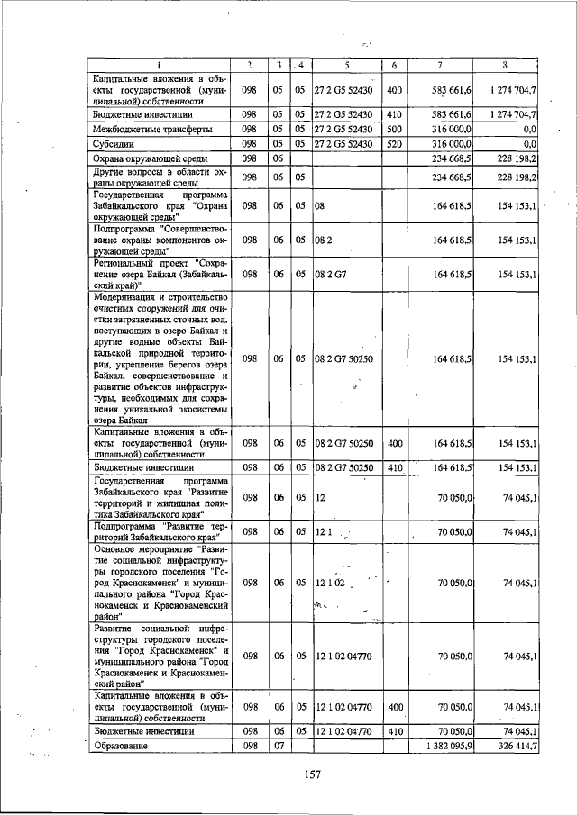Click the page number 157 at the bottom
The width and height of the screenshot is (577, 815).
pyautogui.click(x=312, y=774)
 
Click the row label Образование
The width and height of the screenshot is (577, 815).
pyautogui.click(x=121, y=747)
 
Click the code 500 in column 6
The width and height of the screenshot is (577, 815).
pyautogui.click(x=393, y=130)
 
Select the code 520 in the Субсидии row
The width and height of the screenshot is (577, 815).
pyautogui.click(x=393, y=143)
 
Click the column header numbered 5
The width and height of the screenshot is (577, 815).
pyautogui.click(x=345, y=65)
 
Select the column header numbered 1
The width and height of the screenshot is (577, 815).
pyautogui.click(x=159, y=65)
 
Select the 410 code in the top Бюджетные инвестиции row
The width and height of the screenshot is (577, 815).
pyautogui.click(x=393, y=115)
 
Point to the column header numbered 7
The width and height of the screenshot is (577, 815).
pyautogui.click(x=439, y=65)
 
